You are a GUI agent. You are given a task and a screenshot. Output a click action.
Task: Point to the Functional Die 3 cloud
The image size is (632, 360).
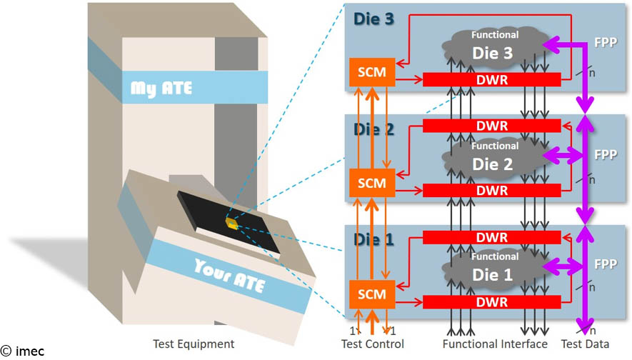click(x=493, y=46)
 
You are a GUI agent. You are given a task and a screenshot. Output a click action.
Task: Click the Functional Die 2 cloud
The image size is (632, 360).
click(x=493, y=159)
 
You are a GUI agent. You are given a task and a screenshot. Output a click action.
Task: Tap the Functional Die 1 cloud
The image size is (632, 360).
click(x=493, y=269)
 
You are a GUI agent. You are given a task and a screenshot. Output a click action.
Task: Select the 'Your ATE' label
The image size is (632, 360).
click(x=229, y=274)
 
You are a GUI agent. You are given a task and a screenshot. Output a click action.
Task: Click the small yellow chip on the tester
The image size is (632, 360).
click(x=231, y=223)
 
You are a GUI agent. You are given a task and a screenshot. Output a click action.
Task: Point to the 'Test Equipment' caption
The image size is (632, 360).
click(x=194, y=344)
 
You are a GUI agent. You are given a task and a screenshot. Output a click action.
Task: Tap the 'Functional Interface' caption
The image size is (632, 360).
click(x=495, y=344)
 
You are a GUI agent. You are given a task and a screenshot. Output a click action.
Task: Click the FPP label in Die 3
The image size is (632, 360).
click(x=605, y=42)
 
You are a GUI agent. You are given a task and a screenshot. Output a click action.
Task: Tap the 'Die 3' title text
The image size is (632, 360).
click(x=373, y=19)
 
